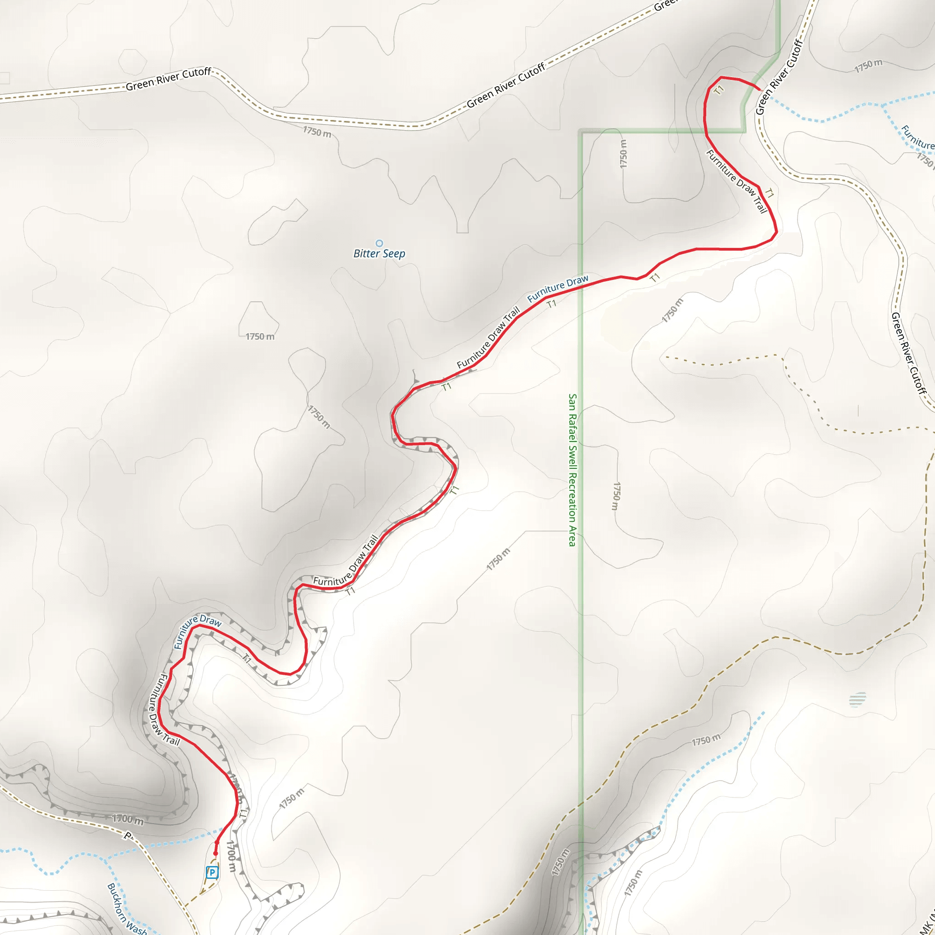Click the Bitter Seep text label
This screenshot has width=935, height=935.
coord(379,253)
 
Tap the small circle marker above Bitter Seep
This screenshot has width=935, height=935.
coord(379,243)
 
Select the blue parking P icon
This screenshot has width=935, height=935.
coord(212,872)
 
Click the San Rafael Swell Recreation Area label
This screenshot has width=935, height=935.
coord(572,470)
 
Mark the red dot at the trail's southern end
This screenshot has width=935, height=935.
coord(215,854)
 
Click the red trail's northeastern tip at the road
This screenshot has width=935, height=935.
coord(758,89)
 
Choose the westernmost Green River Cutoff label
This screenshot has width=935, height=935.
coord(168,79)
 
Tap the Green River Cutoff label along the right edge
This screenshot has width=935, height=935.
coord(909,354)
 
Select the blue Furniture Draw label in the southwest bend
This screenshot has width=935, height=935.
coord(197,630)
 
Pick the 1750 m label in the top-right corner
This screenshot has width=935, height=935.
coord(868,66)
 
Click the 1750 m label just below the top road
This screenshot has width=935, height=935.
coord(317,131)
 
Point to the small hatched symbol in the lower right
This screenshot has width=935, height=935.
coord(857,699)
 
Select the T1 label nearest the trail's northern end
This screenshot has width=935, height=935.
coord(719,89)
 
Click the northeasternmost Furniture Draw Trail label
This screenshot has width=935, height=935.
coord(736,181)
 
